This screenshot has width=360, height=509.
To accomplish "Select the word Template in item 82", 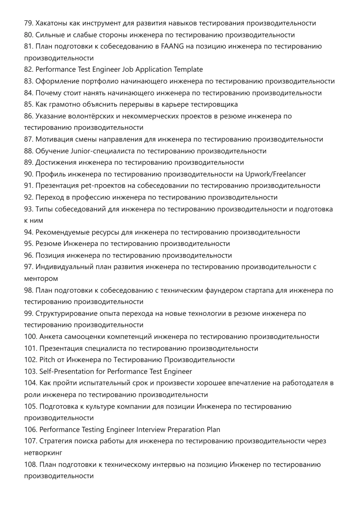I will point(188,70).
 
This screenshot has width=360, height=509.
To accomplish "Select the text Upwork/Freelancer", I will point(275,174).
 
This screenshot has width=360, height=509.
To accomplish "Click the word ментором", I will point(41,279).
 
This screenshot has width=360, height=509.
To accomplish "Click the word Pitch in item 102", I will point(47,360).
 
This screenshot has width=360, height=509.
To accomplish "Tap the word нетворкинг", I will point(43,453).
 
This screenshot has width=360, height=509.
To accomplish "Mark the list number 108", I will point(31,465).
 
